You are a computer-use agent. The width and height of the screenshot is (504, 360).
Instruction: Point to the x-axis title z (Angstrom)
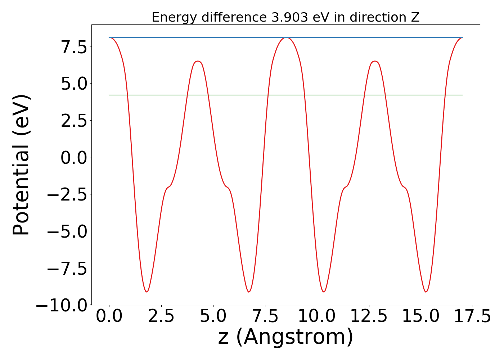285,337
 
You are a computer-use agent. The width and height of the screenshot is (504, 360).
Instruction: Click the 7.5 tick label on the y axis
74,47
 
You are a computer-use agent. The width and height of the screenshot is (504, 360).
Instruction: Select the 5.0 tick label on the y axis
74,84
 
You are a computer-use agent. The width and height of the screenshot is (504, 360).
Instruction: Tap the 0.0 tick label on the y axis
74,157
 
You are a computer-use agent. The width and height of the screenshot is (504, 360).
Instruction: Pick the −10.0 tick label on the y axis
62,305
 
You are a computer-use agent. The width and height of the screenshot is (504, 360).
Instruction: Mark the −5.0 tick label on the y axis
68,231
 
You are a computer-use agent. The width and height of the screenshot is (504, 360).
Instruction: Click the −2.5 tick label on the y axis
68,194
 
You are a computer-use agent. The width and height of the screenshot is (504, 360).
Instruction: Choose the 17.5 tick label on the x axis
472,316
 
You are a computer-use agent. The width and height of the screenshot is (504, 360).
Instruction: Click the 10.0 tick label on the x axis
317,316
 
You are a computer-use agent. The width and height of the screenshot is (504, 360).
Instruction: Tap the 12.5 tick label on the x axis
369,316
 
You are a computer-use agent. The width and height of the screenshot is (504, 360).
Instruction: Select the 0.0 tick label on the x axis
109,316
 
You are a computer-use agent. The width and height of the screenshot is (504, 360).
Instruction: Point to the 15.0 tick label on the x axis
420,316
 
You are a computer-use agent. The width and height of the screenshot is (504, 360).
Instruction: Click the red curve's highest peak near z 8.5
286,37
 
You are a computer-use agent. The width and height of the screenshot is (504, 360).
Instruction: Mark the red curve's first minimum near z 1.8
147,292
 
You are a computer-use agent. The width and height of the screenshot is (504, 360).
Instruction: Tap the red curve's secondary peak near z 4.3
198,61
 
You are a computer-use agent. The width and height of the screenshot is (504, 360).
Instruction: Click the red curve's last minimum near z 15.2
426,292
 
